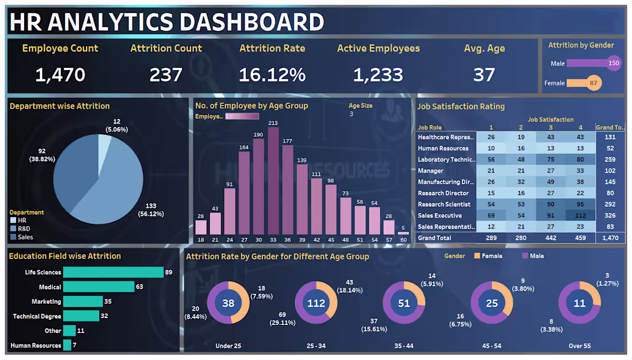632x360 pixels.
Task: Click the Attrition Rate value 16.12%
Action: pyautogui.click(x=272, y=75)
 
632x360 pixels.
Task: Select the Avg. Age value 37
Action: pyautogui.click(x=484, y=75)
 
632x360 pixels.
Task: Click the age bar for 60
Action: pyautogui.click(x=403, y=233)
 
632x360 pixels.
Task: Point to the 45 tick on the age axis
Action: pyautogui.click(x=331, y=239)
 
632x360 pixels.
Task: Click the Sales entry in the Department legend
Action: pyautogui.click(x=25, y=237)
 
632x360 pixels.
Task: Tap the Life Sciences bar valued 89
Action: pyautogui.click(x=113, y=272)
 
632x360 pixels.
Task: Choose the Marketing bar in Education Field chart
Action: pyautogui.click(x=83, y=301)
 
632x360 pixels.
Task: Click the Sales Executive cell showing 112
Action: pyautogui.click(x=580, y=215)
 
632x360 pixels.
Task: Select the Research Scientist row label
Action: pyautogui.click(x=444, y=204)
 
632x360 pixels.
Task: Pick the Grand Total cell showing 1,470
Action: pyautogui.click(x=610, y=238)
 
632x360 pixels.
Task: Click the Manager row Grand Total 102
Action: pyautogui.click(x=610, y=171)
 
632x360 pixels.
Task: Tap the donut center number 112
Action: pyautogui.click(x=317, y=303)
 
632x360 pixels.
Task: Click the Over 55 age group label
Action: pyautogui.click(x=579, y=346)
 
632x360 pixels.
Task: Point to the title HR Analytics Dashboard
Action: pyautogui.click(x=167, y=22)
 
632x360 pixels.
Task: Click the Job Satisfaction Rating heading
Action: pyautogui.click(x=461, y=106)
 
